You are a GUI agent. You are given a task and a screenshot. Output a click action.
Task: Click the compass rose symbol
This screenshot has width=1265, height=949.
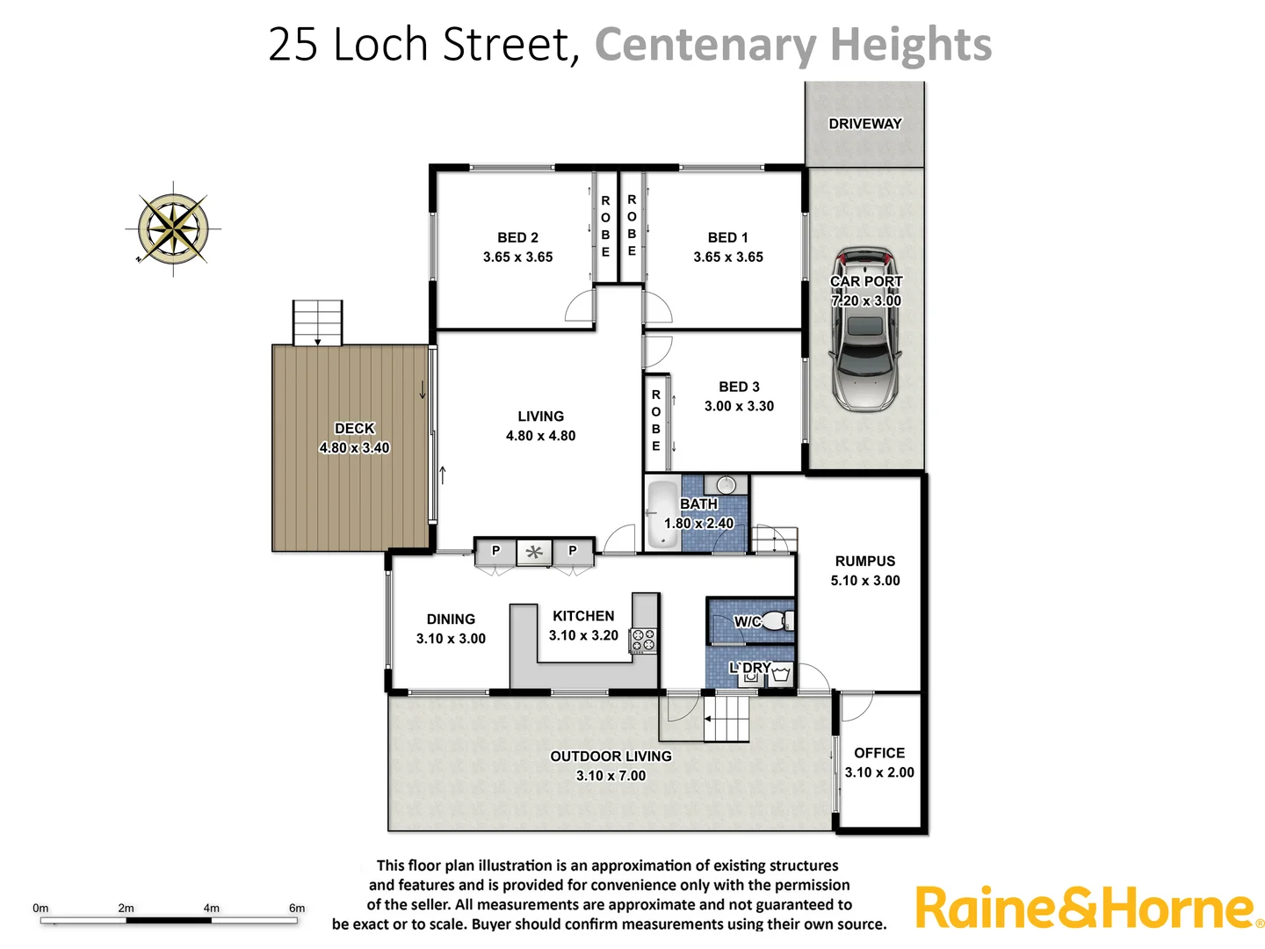[174, 228]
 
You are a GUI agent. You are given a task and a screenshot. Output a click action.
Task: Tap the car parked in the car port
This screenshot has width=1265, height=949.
[866, 330]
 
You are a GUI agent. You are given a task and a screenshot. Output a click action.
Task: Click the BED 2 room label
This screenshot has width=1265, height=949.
[517, 237]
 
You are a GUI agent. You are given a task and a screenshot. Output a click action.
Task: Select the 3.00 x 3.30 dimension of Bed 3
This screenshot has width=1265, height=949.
[739, 406]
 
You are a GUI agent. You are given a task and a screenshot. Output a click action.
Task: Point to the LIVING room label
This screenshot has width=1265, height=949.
[540, 417]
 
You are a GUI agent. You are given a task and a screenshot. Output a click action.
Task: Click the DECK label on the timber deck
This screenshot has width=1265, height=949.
[355, 428]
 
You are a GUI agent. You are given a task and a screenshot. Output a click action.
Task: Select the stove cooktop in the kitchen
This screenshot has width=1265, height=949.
[643, 641]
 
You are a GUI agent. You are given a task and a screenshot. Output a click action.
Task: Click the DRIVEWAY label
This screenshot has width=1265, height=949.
[865, 124]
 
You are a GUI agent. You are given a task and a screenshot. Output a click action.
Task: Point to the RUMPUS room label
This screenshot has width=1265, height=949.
[865, 561]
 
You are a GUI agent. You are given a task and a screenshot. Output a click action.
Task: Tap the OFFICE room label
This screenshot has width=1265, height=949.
[879, 753]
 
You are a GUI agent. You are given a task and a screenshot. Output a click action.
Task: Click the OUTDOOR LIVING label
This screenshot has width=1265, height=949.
[611, 756]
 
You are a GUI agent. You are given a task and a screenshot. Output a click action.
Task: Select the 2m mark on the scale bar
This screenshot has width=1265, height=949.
[126, 909]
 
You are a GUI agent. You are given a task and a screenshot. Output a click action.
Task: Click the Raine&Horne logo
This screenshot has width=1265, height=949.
[1088, 909]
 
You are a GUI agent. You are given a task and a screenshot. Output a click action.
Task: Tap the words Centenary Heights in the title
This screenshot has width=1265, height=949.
[793, 44]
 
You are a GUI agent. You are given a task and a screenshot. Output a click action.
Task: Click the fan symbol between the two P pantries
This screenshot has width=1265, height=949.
[534, 552]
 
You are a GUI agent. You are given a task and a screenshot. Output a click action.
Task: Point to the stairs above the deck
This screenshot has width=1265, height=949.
[317, 322]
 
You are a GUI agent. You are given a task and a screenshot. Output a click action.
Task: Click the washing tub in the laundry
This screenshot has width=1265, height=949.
[781, 674]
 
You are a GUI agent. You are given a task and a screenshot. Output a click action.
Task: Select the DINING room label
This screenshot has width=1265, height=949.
[451, 619]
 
